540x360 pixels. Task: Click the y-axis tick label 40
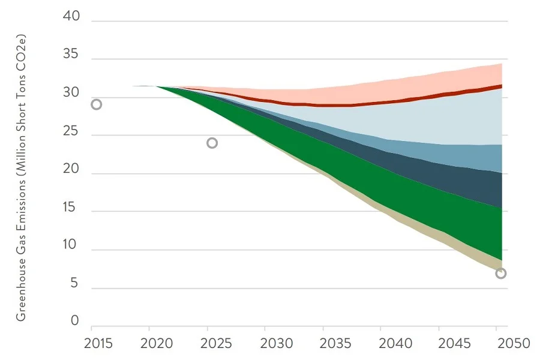tap(71, 17)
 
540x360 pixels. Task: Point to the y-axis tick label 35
tap(71, 55)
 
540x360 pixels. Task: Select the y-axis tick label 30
tap(71, 93)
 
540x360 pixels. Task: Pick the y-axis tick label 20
tap(71, 169)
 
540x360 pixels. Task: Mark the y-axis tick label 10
tap(71, 245)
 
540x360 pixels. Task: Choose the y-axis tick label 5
tap(74, 283)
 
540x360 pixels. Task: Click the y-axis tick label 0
tap(74, 322)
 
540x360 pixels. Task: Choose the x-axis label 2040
tap(395, 344)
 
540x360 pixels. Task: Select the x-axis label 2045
tap(454, 344)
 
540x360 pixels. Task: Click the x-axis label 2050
tap(513, 344)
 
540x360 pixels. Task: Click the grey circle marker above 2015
tap(96, 104)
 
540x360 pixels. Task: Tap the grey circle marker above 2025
tap(212, 143)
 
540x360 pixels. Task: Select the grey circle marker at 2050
tap(501, 274)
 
